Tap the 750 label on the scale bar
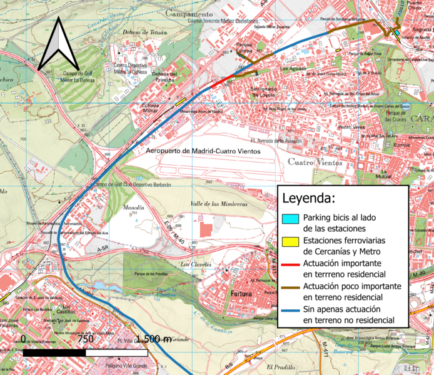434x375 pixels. (86, 339)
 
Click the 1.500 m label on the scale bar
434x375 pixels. (153, 339)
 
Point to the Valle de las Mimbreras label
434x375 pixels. (220, 204)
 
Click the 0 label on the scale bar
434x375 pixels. (23, 339)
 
